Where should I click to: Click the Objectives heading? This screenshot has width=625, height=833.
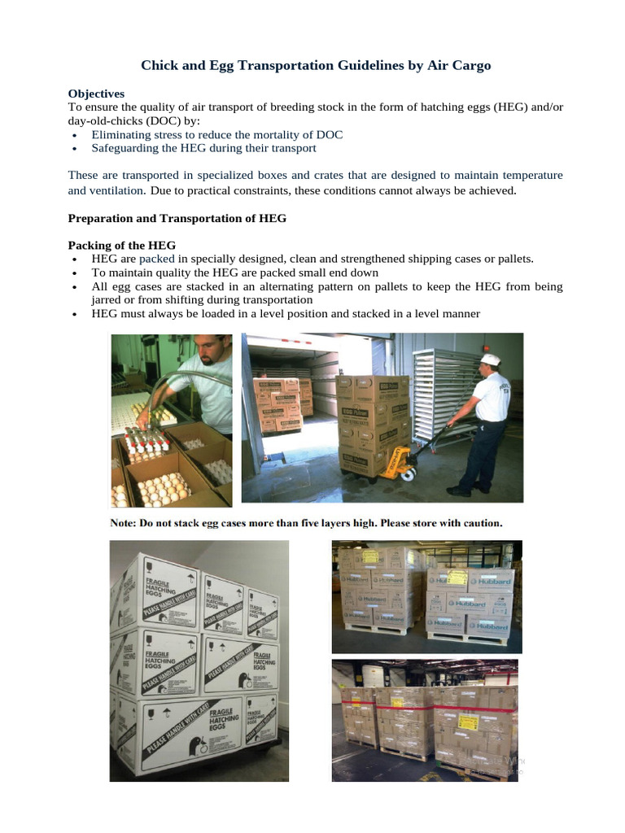96,94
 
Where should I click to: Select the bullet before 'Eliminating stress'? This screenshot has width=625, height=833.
74,135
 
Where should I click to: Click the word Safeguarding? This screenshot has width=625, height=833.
128,148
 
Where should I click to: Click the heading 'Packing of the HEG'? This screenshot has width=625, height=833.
121,245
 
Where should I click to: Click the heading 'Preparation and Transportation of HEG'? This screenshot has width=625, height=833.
177,218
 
